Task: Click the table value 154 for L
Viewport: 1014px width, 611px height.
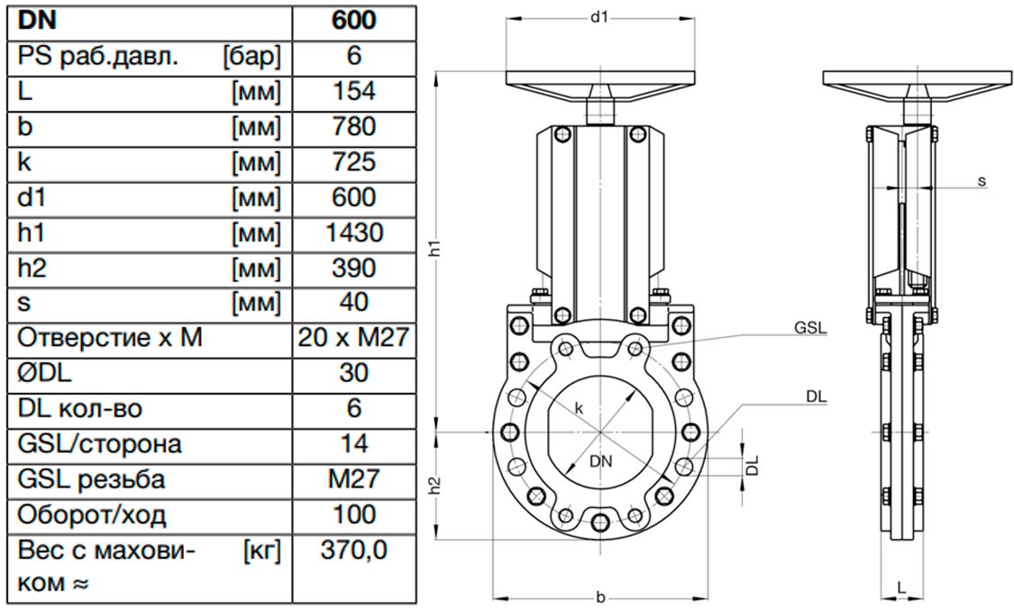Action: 353,91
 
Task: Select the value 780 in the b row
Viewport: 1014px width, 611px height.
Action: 353,126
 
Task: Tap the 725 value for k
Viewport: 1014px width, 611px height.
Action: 353,161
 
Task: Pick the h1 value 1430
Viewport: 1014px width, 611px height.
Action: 354,233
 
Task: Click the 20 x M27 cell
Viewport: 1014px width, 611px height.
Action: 353,337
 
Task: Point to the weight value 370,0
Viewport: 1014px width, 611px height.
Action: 353,551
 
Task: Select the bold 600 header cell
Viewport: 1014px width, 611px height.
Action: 353,20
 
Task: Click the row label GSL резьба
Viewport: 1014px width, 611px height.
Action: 91,479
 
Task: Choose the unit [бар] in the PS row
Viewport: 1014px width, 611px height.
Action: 252,56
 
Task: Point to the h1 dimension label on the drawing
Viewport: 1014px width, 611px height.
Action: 436,248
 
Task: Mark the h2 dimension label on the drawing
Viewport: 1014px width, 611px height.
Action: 436,486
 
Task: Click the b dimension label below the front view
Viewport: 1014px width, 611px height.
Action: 601,597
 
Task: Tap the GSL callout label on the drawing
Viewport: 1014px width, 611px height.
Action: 811,328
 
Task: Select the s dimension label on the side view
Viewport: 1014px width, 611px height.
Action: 982,181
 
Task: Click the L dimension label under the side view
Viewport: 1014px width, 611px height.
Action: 901,587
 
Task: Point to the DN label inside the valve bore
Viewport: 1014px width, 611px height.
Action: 601,461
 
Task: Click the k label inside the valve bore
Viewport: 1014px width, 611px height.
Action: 579,408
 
